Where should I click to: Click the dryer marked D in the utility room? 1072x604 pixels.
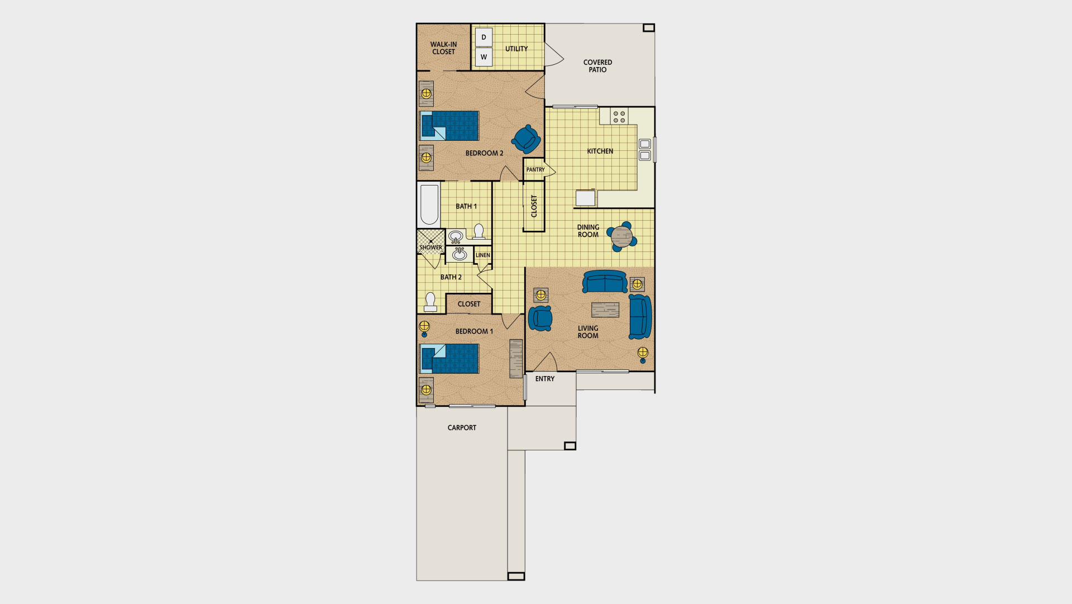click(484, 37)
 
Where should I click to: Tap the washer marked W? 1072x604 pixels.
click(484, 57)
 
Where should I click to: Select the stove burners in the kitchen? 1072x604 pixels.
click(619, 117)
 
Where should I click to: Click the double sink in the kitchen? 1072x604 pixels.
click(644, 149)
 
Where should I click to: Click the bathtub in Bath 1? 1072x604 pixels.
click(429, 204)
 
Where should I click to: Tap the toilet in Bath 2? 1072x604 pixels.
click(430, 302)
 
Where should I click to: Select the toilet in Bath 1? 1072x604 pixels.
click(479, 232)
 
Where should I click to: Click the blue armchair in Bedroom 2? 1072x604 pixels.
click(526, 139)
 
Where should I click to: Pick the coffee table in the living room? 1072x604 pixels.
click(605, 310)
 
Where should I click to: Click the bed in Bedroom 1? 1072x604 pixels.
click(449, 359)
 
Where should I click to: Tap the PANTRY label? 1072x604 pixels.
click(535, 170)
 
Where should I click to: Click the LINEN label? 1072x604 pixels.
click(483, 255)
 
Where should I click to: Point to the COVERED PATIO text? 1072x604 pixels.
click(597, 66)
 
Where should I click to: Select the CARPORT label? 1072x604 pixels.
click(462, 428)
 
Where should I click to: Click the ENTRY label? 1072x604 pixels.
click(545, 379)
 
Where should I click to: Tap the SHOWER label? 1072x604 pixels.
click(430, 248)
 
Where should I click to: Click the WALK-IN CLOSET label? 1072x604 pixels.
click(443, 48)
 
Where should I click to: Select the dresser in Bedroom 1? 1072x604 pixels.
click(516, 358)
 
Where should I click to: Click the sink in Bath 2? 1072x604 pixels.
click(460, 254)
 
